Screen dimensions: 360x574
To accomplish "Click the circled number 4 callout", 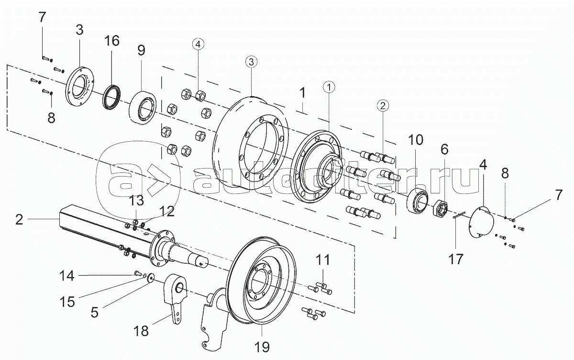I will pyautogui.click(x=199, y=44).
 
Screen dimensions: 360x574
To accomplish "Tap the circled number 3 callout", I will pyautogui.click(x=252, y=61).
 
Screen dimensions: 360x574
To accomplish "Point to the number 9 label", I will pyautogui.click(x=142, y=50).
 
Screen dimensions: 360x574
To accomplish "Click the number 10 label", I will pyautogui.click(x=416, y=140).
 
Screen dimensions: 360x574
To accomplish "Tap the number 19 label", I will pyautogui.click(x=262, y=346).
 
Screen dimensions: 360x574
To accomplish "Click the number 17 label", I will pyautogui.click(x=455, y=259).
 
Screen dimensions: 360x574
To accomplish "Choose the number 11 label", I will pyautogui.click(x=323, y=261).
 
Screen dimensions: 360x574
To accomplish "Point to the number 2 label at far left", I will pyautogui.click(x=19, y=219).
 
